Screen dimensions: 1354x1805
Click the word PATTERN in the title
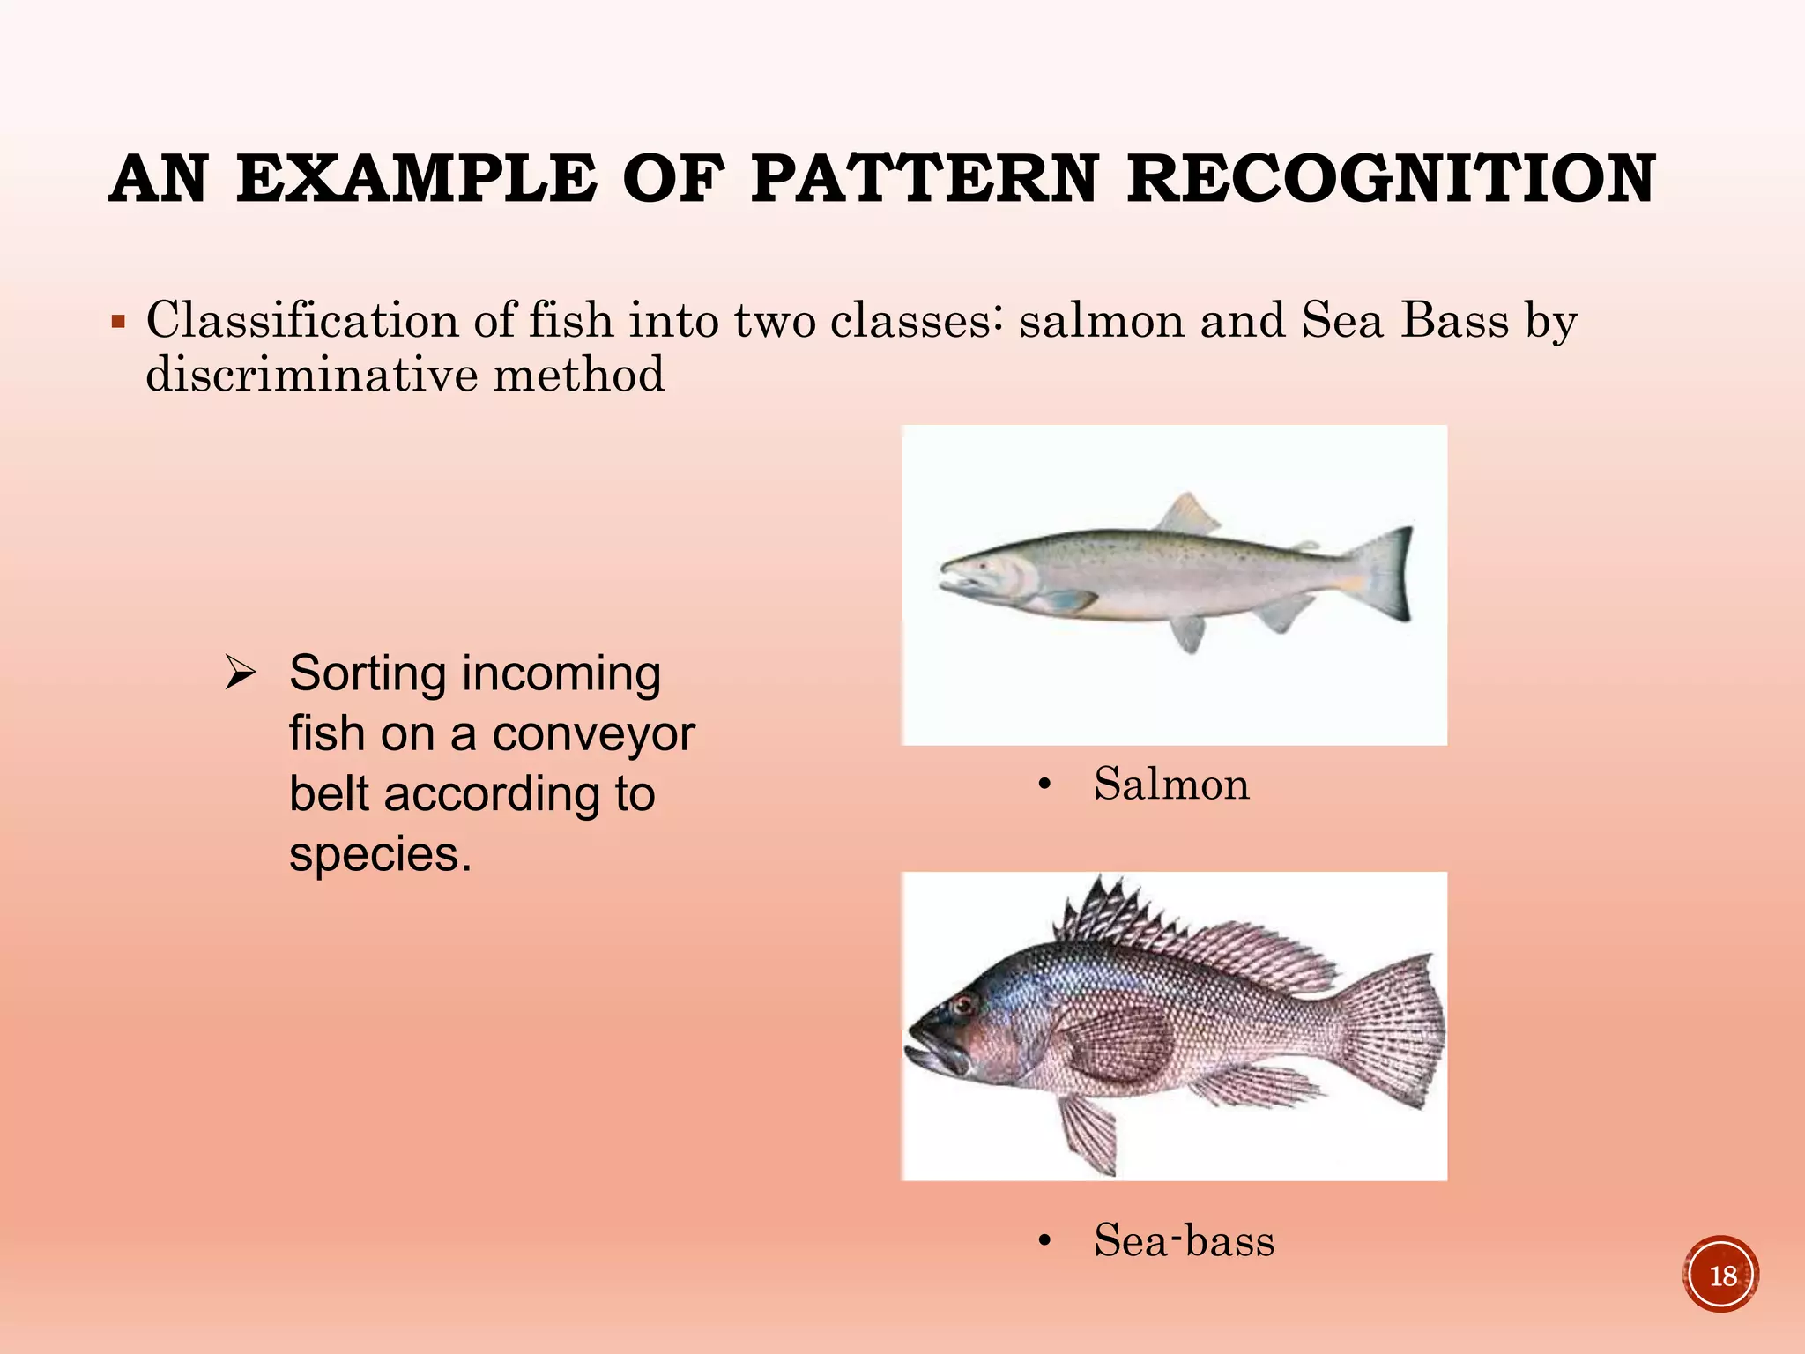tap(925, 179)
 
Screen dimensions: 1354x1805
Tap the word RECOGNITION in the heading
tap(1392, 179)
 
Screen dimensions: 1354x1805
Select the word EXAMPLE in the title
tap(416, 179)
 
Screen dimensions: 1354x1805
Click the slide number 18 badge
tap(1721, 1275)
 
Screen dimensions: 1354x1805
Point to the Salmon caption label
tap(1171, 784)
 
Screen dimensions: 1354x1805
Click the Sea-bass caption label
tap(1184, 1240)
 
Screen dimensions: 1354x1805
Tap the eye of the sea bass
tap(962, 1003)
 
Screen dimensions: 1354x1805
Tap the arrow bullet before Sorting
tap(240, 673)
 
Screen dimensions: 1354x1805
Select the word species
tap(380, 854)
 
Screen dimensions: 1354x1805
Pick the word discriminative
tap(311, 375)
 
